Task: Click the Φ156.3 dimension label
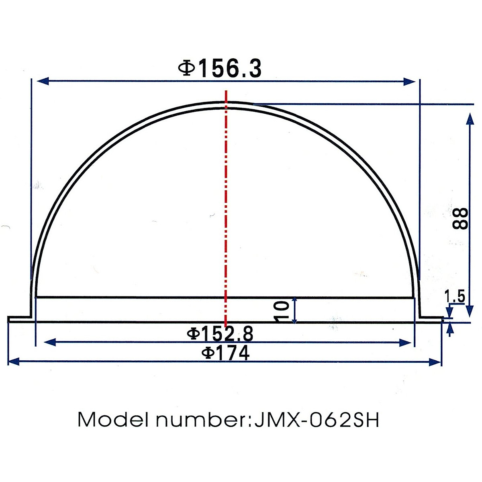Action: [x=220, y=68]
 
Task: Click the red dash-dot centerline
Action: [x=226, y=201]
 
